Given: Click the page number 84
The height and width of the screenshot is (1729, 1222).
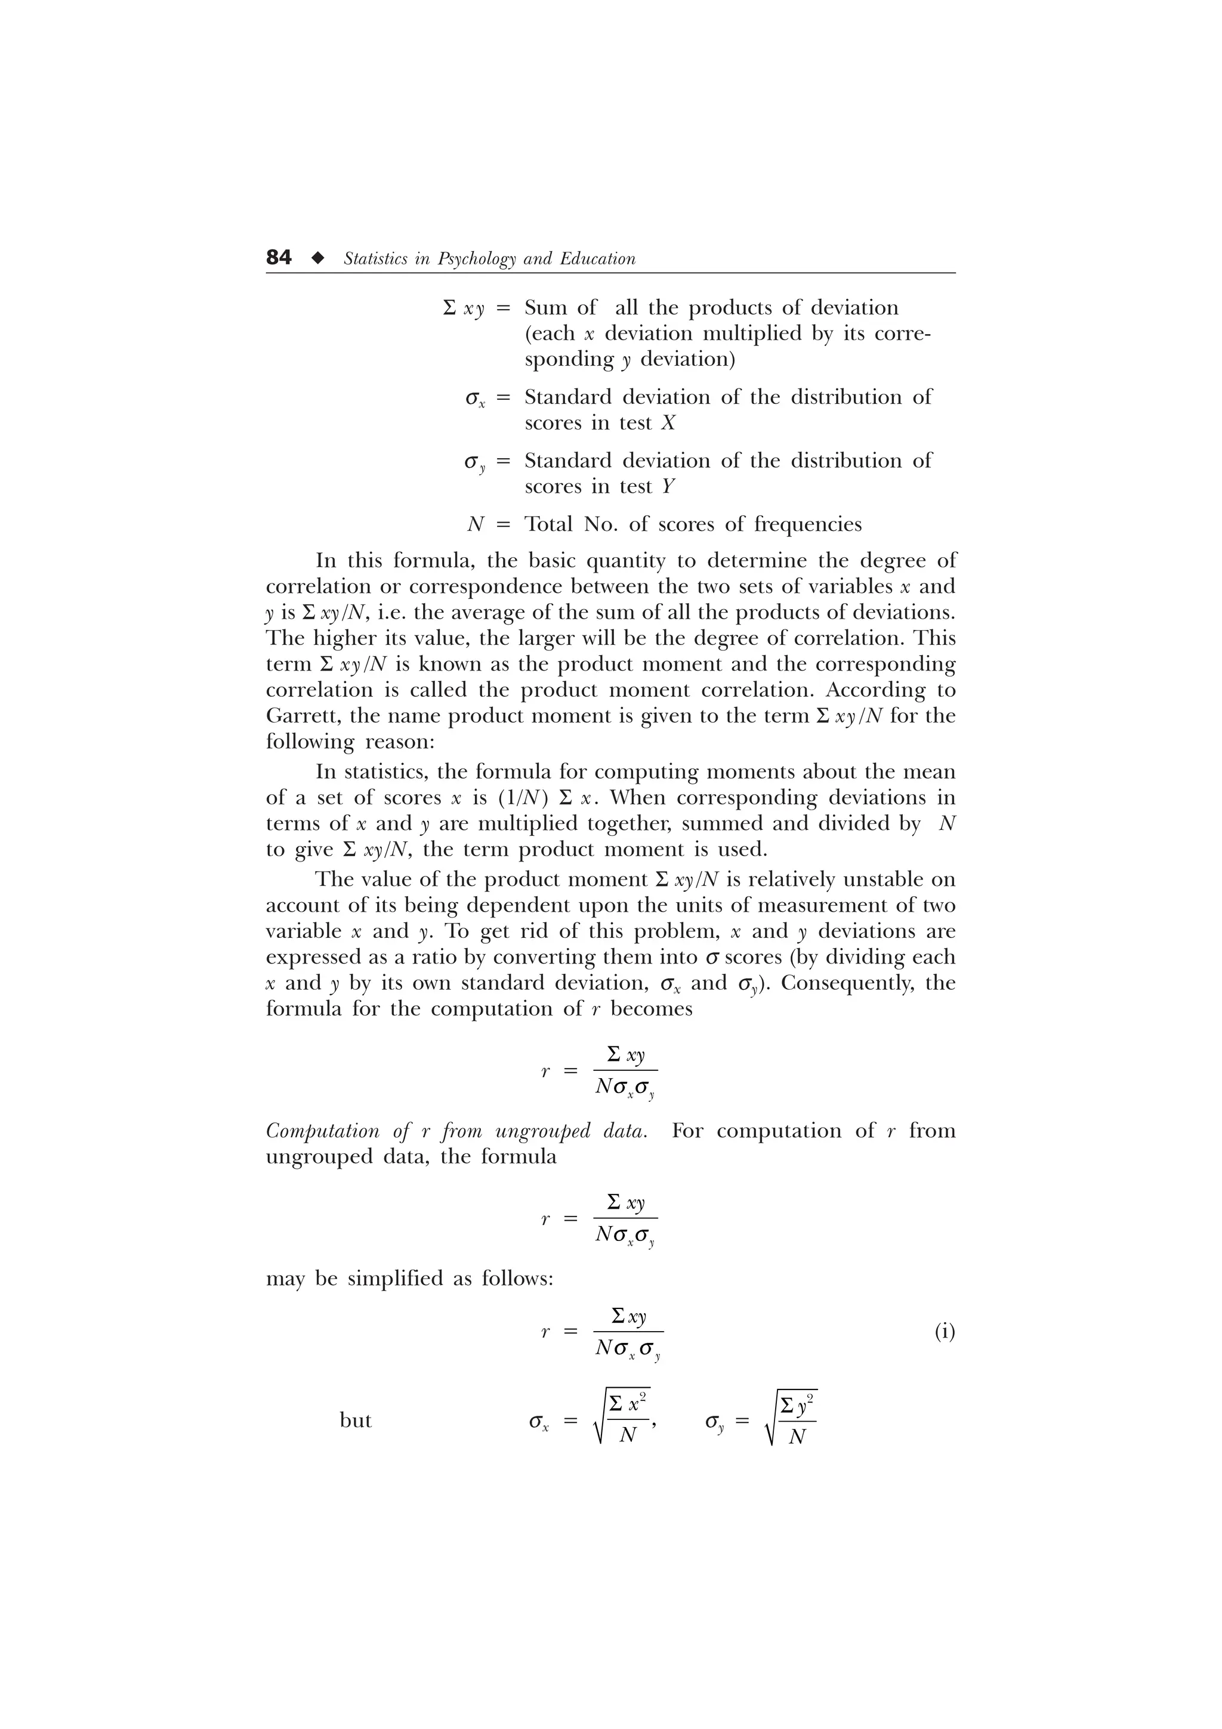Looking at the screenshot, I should pos(279,258).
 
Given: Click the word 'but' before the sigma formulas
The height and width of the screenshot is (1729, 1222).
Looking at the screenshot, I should pos(356,1420).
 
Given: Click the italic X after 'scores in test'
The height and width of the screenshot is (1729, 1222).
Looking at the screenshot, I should pos(668,423).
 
